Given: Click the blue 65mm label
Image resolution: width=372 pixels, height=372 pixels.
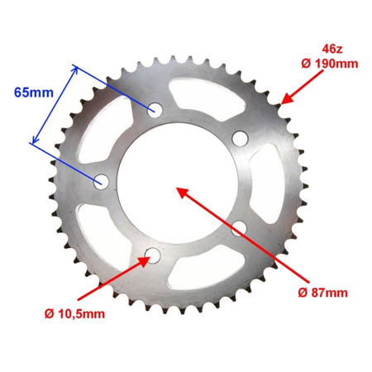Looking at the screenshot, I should coord(31,93).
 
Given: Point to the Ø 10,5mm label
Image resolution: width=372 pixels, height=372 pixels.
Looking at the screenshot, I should coord(75,314).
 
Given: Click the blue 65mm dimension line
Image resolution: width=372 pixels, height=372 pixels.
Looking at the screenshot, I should coord(52,105).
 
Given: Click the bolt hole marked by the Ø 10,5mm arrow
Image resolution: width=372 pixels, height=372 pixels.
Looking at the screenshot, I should coord(150,255).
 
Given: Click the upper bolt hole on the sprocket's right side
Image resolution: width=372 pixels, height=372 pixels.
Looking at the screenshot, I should coord(240,137).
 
